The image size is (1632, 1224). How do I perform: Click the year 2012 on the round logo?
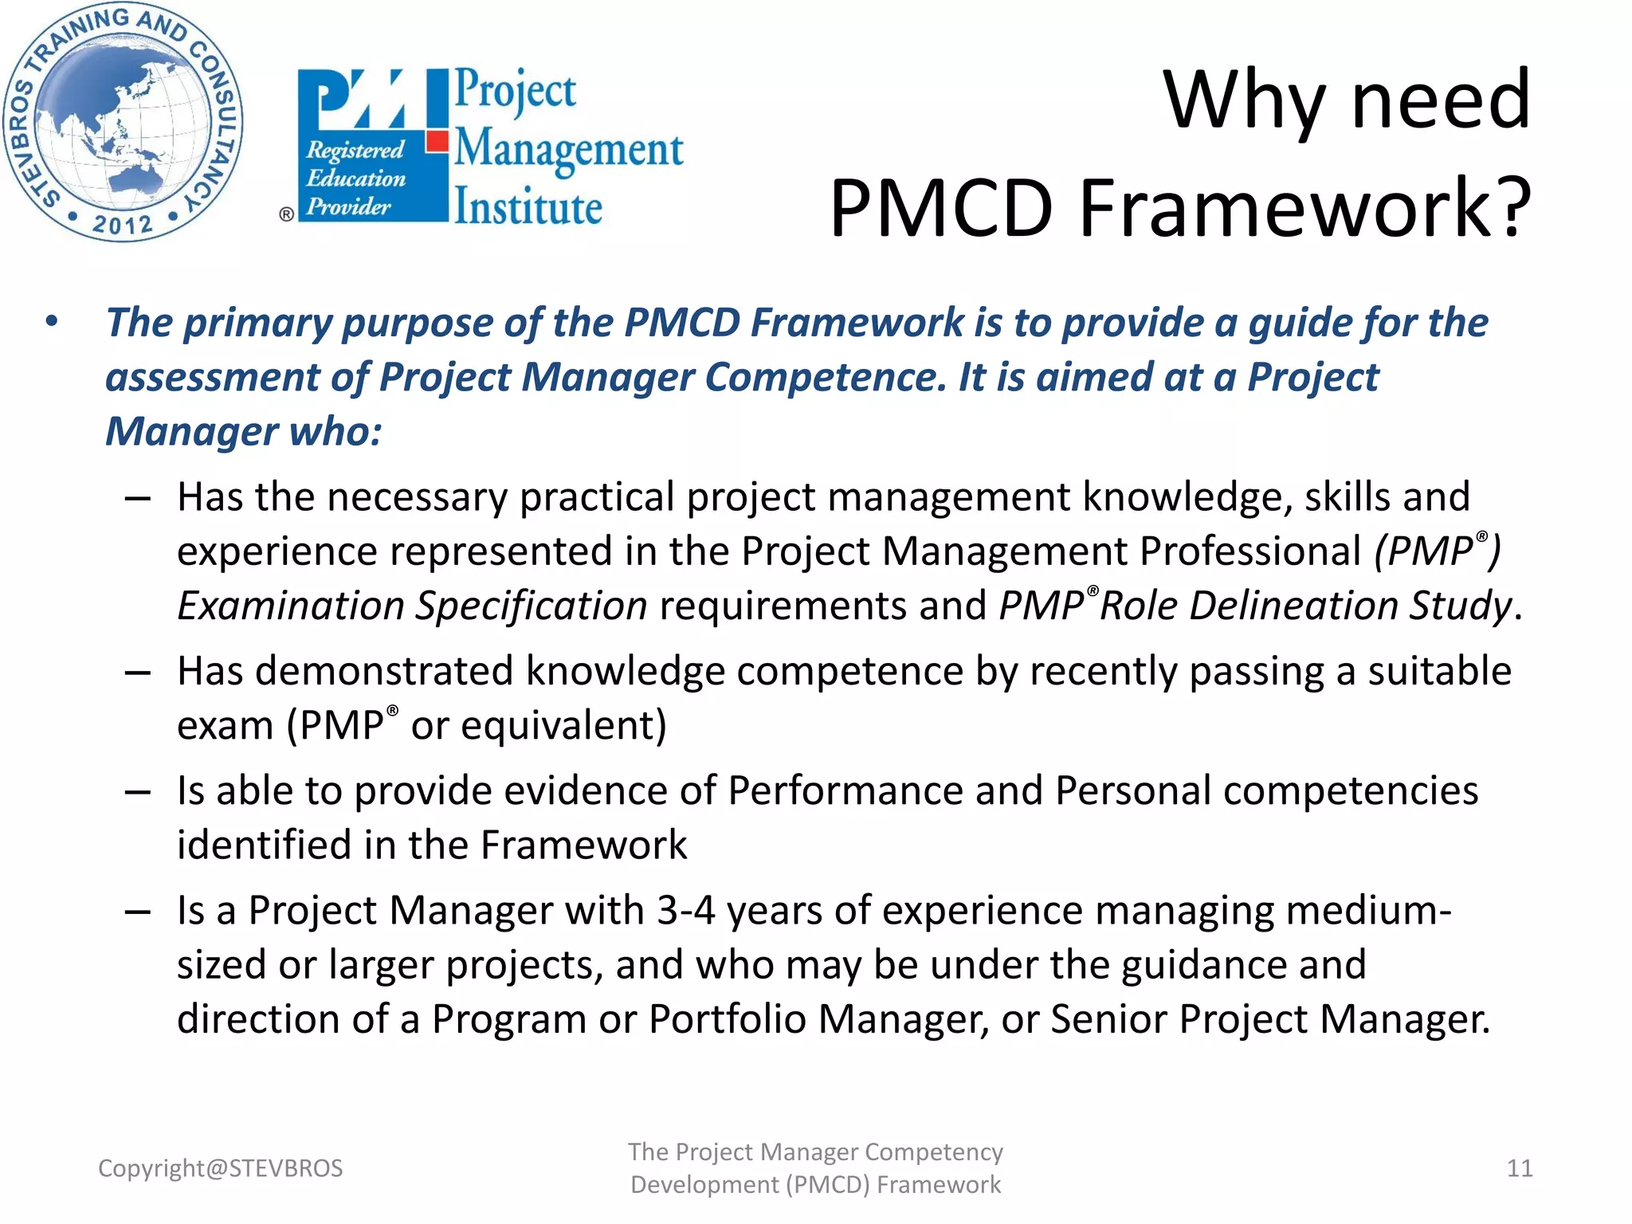121,224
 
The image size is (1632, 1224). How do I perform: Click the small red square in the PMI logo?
437,142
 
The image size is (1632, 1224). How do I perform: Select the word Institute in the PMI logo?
528,208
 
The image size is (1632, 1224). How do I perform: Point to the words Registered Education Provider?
355,178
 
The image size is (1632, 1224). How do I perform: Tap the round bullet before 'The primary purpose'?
52,322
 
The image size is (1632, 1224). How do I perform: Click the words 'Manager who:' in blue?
243,431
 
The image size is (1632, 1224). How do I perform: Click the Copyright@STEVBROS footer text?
220,1168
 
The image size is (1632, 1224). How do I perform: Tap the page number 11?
1519,1168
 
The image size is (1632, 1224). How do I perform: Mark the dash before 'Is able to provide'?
138,793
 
